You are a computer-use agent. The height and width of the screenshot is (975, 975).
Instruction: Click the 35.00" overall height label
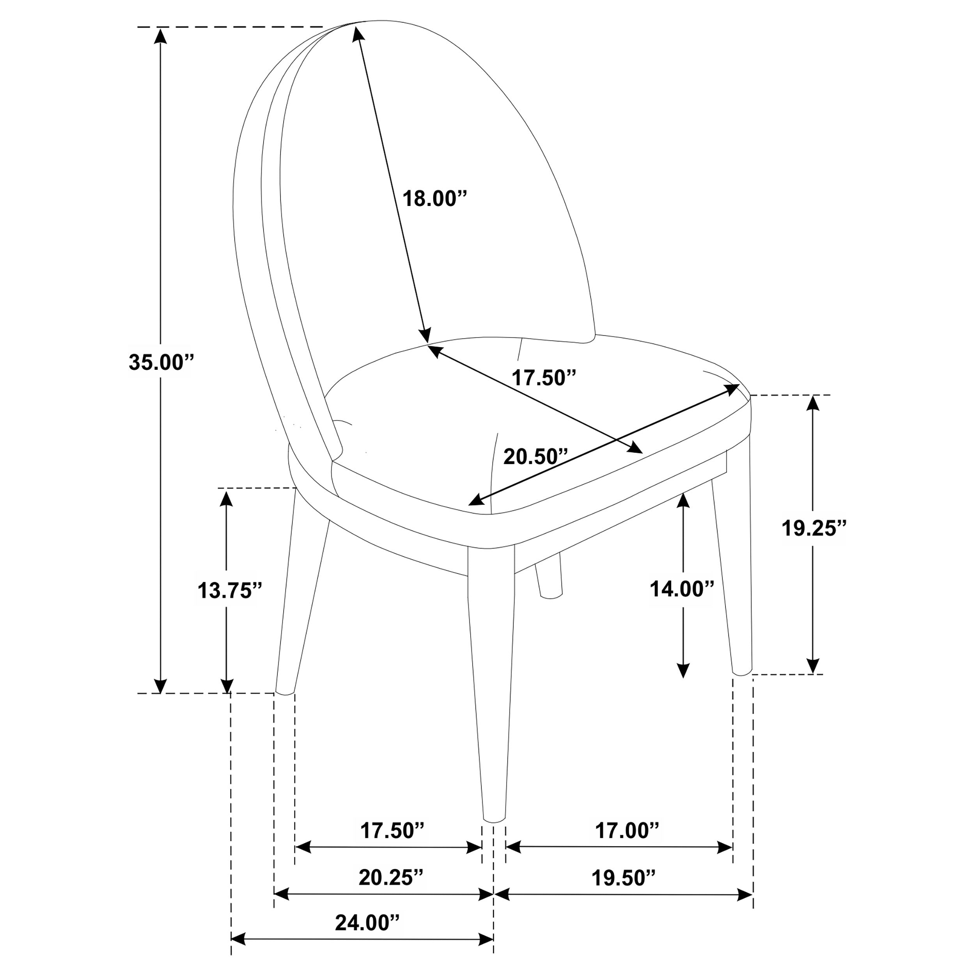(161, 362)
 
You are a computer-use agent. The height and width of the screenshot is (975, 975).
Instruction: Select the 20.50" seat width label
(535, 457)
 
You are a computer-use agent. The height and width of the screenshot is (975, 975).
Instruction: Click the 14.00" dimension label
(682, 589)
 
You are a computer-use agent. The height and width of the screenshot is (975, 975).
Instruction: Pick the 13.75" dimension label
(230, 590)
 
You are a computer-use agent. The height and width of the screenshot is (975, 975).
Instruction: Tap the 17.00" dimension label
(627, 831)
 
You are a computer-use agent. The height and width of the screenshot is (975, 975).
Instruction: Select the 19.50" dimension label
(623, 878)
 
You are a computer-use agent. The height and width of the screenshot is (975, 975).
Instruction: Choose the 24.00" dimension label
(367, 923)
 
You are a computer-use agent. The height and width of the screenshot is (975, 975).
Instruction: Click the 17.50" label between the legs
(392, 831)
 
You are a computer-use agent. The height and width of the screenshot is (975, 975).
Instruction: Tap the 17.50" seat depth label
(544, 378)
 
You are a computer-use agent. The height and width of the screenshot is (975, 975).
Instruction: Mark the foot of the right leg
(742, 672)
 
